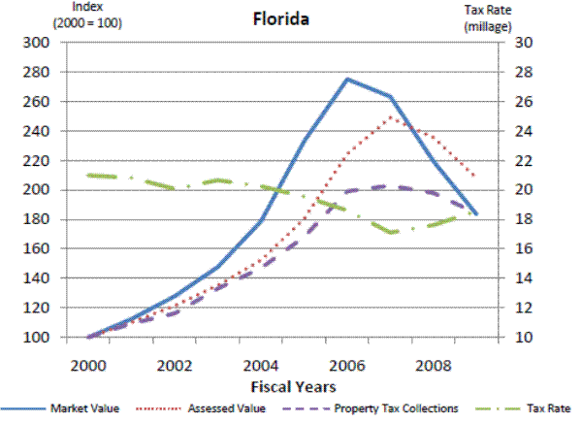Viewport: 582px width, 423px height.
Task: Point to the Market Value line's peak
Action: click(347, 79)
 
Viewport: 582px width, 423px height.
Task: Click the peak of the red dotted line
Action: click(390, 116)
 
